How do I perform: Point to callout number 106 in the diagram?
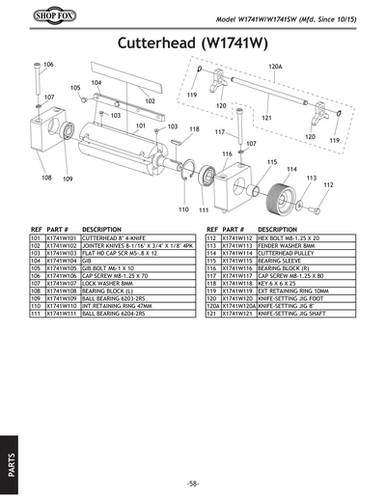coord(48,64)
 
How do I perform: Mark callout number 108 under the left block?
coord(45,178)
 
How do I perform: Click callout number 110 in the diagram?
coord(183,209)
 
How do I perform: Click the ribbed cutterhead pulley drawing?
coord(287,187)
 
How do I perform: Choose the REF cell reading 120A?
coord(213,306)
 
